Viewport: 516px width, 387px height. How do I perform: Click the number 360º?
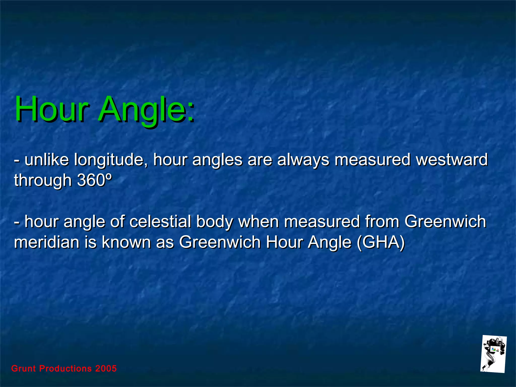94,180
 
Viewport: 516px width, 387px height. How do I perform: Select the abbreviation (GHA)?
381,242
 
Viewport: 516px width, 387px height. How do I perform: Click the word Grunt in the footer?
24,368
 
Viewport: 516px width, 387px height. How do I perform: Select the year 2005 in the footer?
106,368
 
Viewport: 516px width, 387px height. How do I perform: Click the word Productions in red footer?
66,368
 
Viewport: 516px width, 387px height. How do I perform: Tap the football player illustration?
493,354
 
